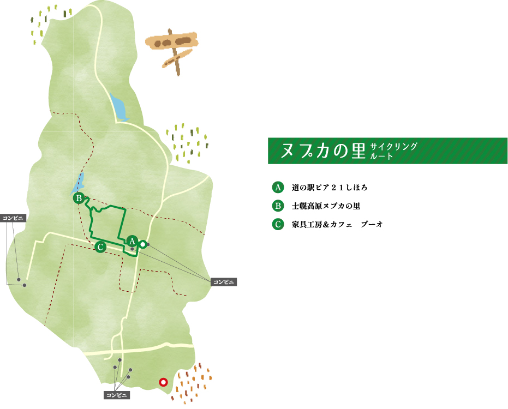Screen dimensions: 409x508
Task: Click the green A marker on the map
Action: tap(132, 240)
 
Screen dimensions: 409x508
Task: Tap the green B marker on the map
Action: tap(79, 198)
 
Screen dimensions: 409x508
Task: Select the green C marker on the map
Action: tap(100, 247)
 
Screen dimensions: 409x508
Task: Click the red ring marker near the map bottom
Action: tap(163, 382)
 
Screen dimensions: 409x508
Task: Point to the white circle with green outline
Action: tap(142, 245)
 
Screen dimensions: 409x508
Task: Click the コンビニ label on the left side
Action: tap(14, 218)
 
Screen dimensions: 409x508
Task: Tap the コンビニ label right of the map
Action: tap(224, 282)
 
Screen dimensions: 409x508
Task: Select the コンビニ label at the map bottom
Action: tap(117, 395)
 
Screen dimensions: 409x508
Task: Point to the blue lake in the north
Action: tap(118, 107)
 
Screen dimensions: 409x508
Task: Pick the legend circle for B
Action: tap(278, 206)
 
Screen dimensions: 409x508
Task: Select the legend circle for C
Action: tap(278, 224)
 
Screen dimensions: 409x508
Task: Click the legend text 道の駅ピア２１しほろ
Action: tap(330, 188)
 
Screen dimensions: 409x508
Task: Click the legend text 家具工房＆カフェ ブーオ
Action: tap(337, 224)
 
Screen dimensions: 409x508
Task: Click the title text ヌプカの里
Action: tap(322, 151)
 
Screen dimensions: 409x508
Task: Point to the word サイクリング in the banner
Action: tap(393, 146)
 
